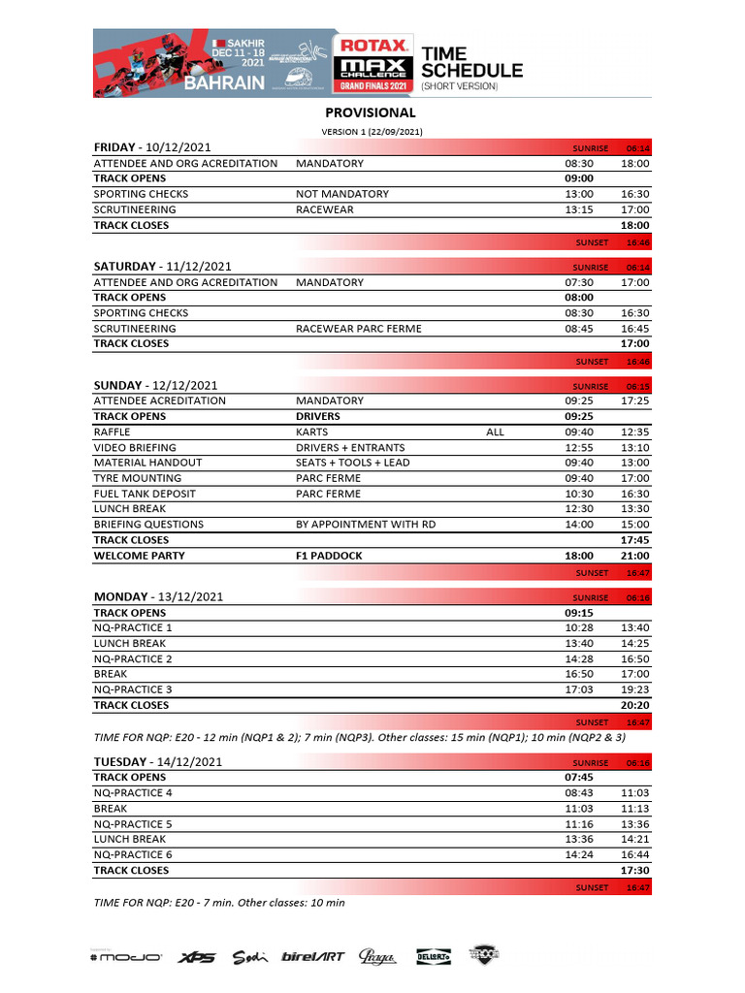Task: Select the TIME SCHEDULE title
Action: click(x=471, y=62)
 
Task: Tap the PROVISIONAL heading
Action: click(x=371, y=113)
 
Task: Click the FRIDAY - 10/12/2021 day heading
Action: click(x=152, y=146)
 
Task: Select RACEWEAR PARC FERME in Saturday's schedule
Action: click(x=358, y=329)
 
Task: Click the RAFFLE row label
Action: click(x=112, y=432)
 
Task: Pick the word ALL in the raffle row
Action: click(x=495, y=432)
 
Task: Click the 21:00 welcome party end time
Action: click(x=635, y=556)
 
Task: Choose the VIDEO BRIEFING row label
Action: click(x=135, y=447)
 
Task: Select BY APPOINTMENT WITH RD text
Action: click(x=366, y=525)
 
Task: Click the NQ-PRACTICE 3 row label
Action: click(x=133, y=689)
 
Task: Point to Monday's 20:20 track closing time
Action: click(x=635, y=705)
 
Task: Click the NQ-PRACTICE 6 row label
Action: click(x=133, y=854)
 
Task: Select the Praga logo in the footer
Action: click(x=377, y=957)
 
